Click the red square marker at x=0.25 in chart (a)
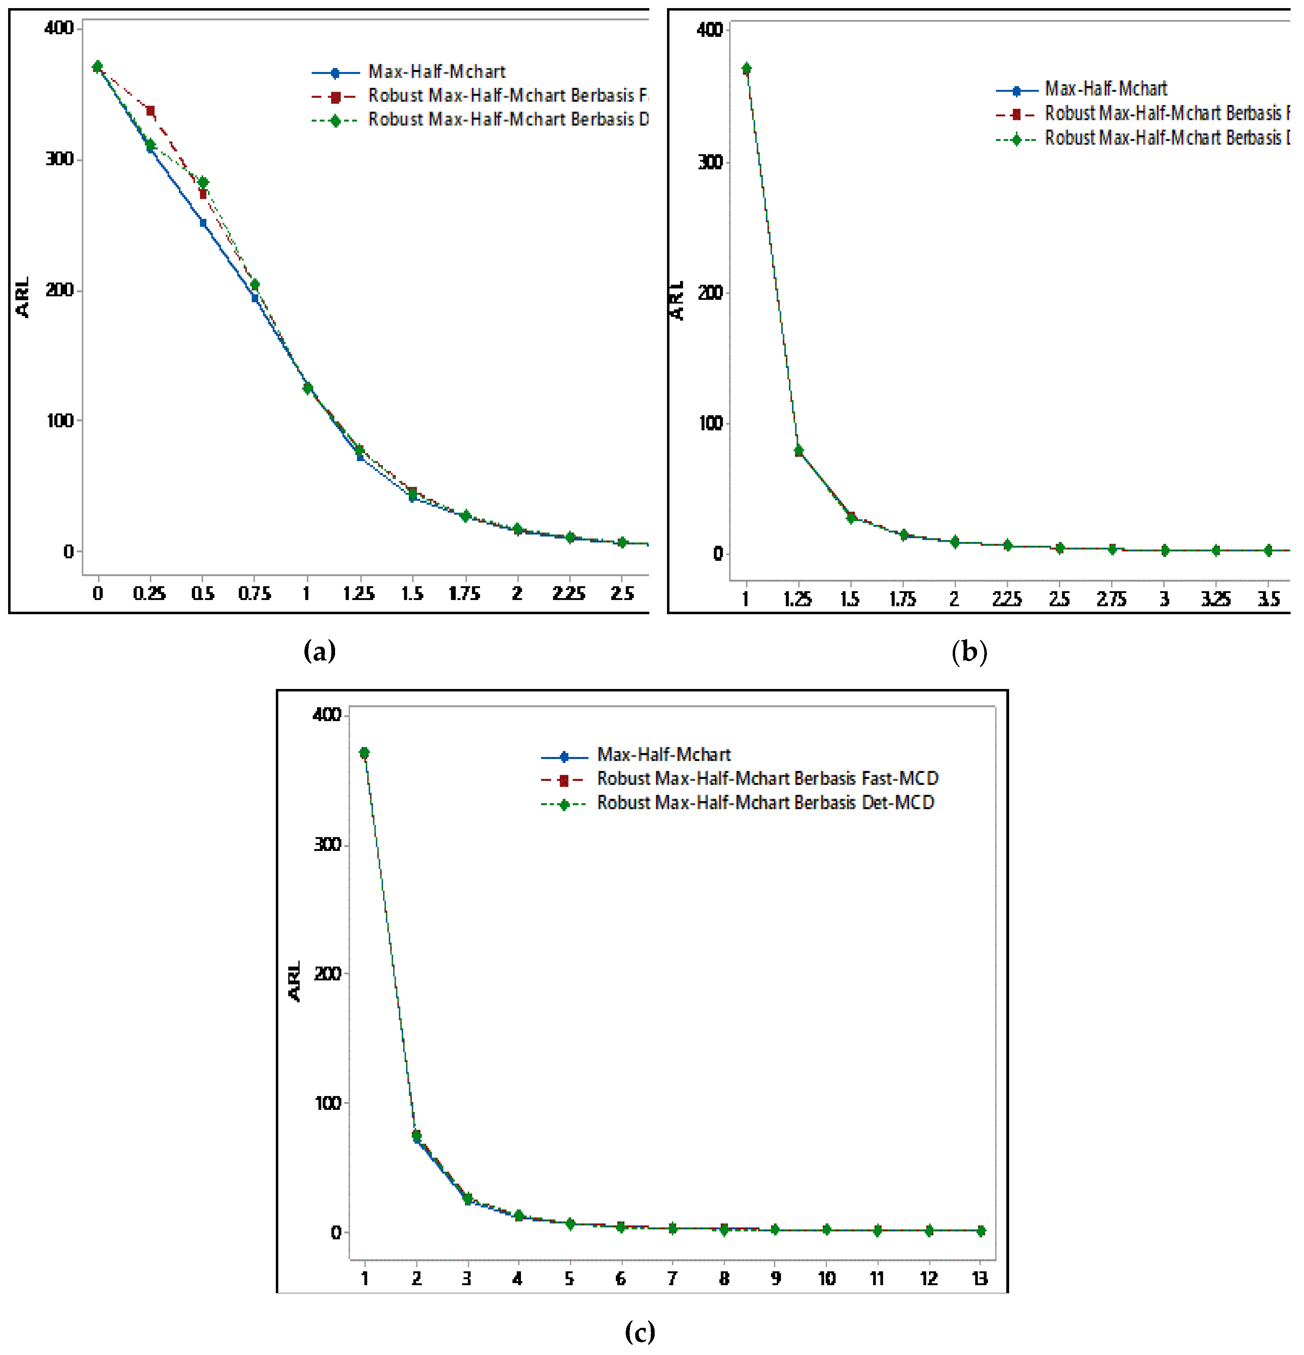[150, 111]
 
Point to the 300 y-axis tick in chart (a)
[59, 159]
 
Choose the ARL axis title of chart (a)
[23, 297]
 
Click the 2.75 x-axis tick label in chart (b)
[1111, 599]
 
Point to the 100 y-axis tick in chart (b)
[710, 423]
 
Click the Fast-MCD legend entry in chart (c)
[767, 779]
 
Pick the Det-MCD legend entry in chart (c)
[765, 803]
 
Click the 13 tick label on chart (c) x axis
[980, 1279]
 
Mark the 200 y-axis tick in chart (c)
[328, 973]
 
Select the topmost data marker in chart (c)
[364, 752]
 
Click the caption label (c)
[639, 1331]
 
